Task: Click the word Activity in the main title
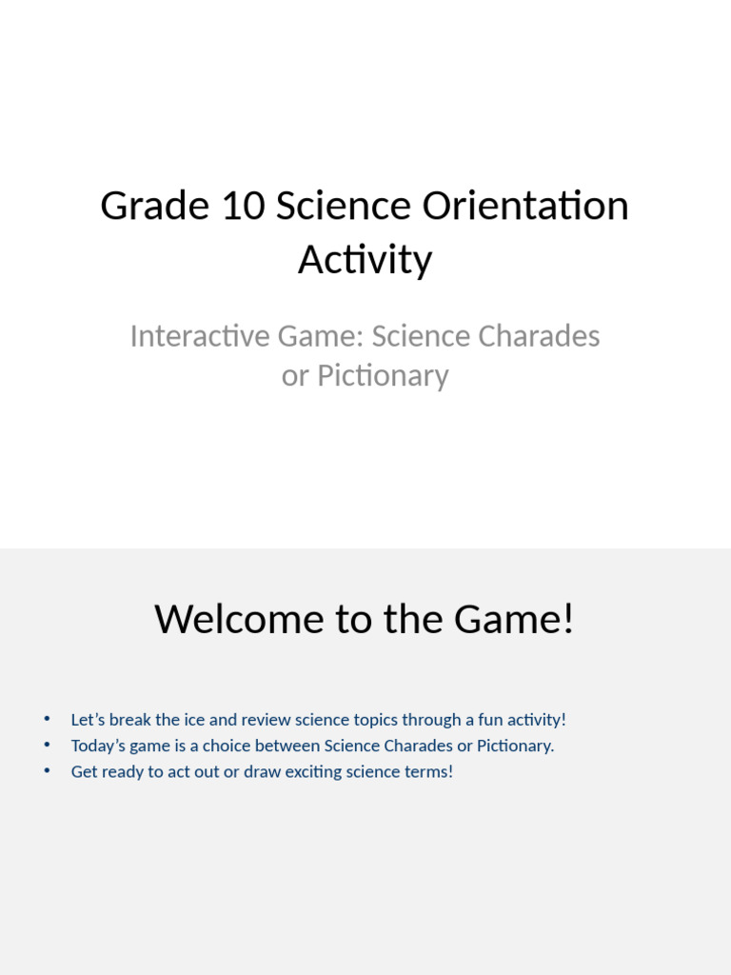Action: click(365, 259)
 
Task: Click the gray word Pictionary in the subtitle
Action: click(383, 375)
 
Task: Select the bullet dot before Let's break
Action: click(47, 719)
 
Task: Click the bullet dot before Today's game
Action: click(47, 745)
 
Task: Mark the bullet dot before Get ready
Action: click(47, 770)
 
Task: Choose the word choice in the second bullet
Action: click(219, 746)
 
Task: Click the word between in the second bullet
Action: click(283, 746)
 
